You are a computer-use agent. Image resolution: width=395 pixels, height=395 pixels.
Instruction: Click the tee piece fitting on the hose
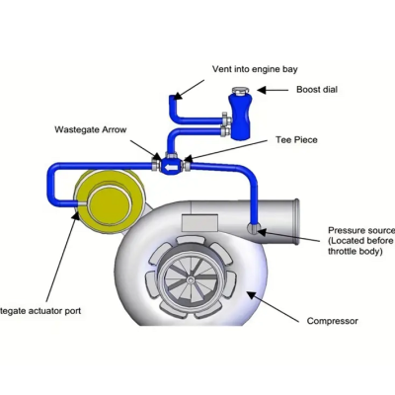(x=172, y=165)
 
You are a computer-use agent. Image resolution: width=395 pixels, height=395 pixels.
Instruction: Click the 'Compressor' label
(x=332, y=322)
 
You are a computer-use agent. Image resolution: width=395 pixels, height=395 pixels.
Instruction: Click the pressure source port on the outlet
(x=256, y=229)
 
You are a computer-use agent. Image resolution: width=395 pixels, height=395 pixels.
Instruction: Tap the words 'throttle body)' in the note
(x=357, y=253)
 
